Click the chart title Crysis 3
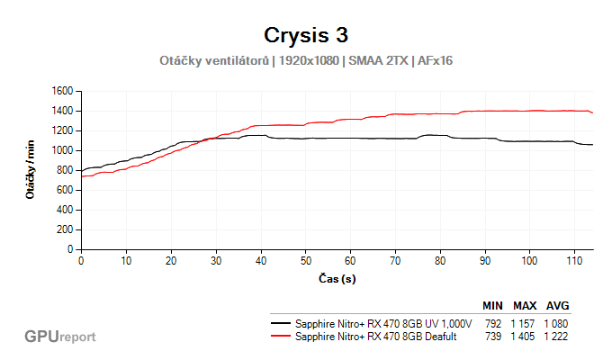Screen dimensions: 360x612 [x=306, y=35]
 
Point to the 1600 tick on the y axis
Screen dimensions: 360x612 [x=62, y=91]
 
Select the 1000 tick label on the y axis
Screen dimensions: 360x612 [x=62, y=150]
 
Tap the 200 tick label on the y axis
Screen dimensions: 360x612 [x=65, y=229]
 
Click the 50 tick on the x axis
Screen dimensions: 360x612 [x=306, y=261]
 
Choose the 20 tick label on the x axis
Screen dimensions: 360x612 [x=171, y=261]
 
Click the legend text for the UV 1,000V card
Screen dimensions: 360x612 [x=383, y=323]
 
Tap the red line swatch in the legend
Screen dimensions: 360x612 [x=281, y=335]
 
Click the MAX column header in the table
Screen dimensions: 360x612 [x=525, y=306]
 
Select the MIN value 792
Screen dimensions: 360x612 [x=492, y=323]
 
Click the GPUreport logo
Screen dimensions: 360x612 [x=59, y=337]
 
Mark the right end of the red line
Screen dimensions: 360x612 [x=592, y=112]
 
